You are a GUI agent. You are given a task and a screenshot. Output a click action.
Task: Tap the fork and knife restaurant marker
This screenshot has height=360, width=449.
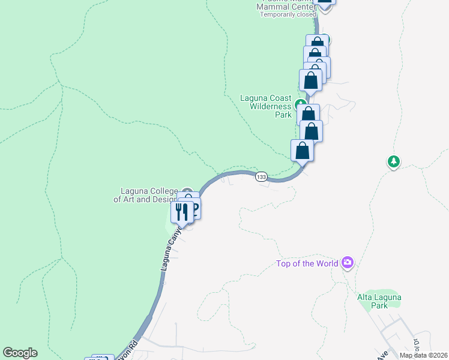coord(182,211)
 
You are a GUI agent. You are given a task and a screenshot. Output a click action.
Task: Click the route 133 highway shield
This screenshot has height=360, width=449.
coord(261,176)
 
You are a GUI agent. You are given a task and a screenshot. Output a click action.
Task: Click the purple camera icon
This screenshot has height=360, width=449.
coord(347,262)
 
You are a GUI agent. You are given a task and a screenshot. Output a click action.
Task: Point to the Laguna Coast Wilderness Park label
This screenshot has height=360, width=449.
coord(266,106)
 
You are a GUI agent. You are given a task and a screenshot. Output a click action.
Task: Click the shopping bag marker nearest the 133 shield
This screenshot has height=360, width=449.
coord(302,150)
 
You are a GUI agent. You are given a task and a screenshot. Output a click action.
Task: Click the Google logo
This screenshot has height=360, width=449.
coord(20,353)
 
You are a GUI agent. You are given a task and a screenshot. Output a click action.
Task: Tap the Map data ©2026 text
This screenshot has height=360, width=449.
coord(423,355)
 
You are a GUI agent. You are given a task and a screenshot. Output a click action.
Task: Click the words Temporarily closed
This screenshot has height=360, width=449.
coord(288,14)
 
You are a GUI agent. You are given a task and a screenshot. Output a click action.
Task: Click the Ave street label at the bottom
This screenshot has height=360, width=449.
coord(381,355)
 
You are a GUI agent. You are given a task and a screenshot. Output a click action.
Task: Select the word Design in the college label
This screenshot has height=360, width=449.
coord(165,199)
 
